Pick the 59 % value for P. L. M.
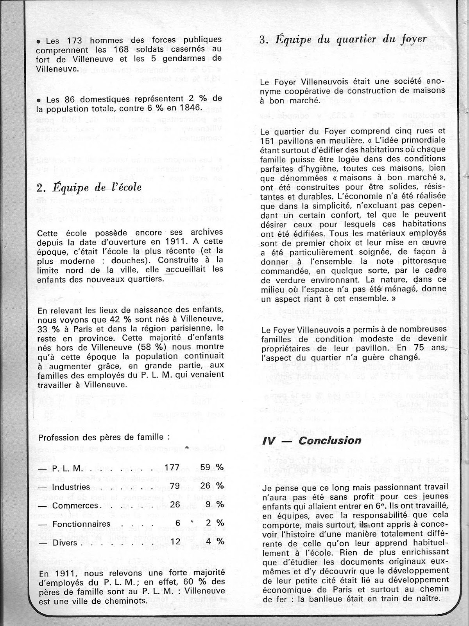tap(212, 468)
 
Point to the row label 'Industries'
tap(72, 487)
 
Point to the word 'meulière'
tap(331, 141)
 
